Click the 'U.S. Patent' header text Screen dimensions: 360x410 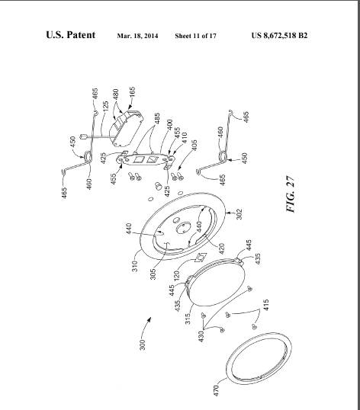pyautogui.click(x=71, y=35)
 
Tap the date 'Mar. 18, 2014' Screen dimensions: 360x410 pyautogui.click(x=137, y=36)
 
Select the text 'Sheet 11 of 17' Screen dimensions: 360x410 pyautogui.click(x=196, y=36)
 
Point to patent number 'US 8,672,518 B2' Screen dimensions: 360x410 pyautogui.click(x=279, y=35)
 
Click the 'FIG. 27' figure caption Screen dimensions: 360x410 pyautogui.click(x=291, y=194)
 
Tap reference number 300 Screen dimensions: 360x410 pyautogui.click(x=142, y=344)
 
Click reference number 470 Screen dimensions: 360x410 pyautogui.click(x=216, y=390)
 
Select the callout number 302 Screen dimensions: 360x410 pyautogui.click(x=239, y=213)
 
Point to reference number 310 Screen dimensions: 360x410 pyautogui.click(x=135, y=266)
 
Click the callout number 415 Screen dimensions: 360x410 pyautogui.click(x=266, y=305)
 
